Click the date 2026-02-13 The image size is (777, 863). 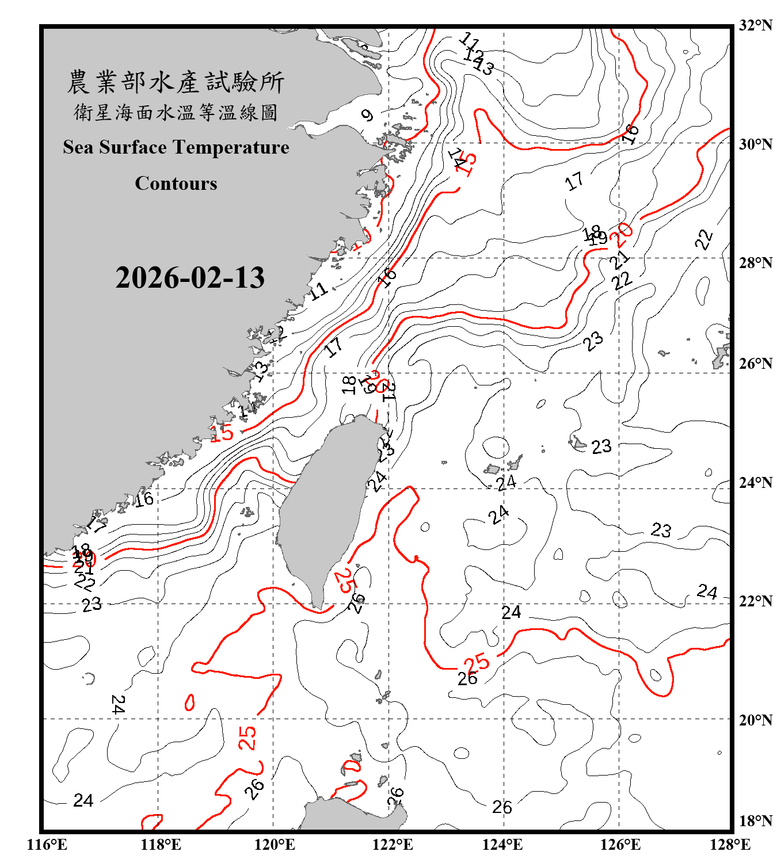[x=190, y=278]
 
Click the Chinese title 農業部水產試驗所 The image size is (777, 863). [x=176, y=82]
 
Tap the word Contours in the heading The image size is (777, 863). [x=176, y=184]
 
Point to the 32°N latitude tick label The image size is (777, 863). [x=755, y=25]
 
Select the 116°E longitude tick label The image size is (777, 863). [x=47, y=845]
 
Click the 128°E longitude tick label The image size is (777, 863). [x=730, y=845]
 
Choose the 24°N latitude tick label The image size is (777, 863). [x=755, y=483]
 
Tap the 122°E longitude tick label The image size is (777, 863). [x=393, y=845]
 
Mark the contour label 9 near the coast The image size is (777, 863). [x=367, y=115]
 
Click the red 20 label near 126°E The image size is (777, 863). [x=622, y=234]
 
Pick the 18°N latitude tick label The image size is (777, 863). [x=755, y=821]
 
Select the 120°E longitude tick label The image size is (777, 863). [x=275, y=845]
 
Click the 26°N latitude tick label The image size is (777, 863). [x=755, y=364]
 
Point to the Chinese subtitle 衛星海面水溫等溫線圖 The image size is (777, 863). [x=176, y=112]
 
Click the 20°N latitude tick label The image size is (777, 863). [x=755, y=720]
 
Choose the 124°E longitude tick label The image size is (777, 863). [x=502, y=845]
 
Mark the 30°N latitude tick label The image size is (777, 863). [x=755, y=144]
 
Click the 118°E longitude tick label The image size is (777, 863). [x=161, y=845]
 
